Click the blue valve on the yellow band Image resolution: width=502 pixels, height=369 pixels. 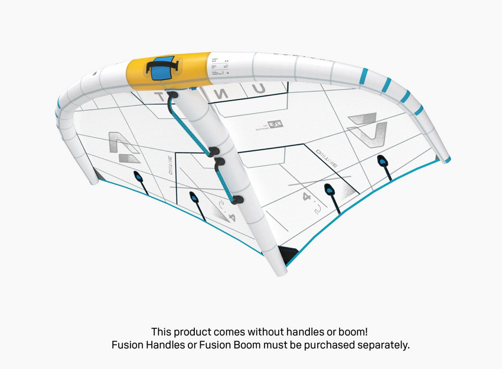(x=158, y=72)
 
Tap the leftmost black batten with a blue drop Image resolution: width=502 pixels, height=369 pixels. (x=138, y=179)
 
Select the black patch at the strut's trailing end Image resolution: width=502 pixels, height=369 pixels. (x=288, y=256)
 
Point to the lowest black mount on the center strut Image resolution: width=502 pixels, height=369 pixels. (x=238, y=200)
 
